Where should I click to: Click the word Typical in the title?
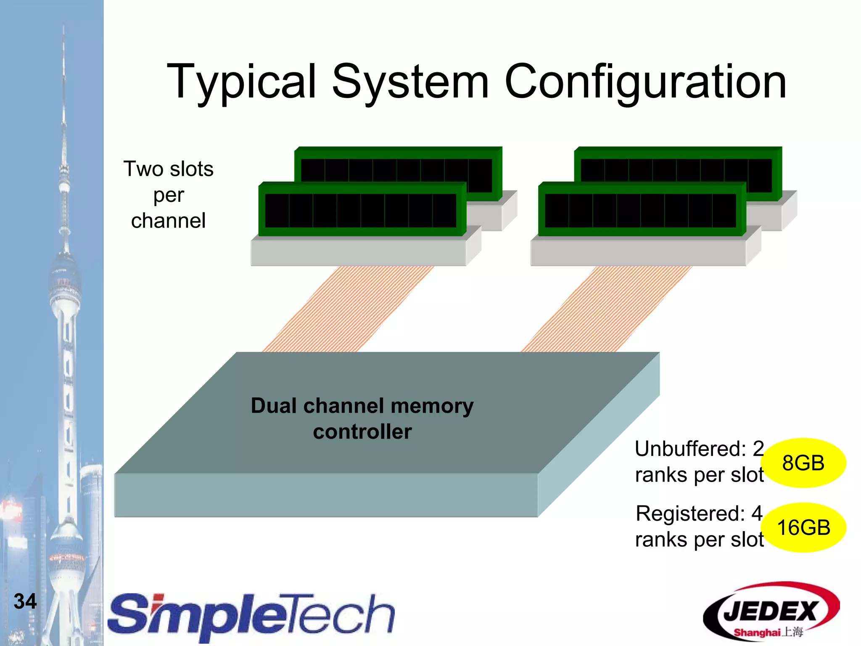(x=241, y=82)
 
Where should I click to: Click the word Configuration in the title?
(x=645, y=82)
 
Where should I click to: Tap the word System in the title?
(x=410, y=82)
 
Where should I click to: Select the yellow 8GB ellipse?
(x=803, y=463)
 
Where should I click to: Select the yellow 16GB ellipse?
(x=803, y=528)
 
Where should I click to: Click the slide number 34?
(x=25, y=601)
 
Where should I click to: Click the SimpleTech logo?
(x=251, y=616)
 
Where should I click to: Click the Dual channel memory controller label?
(x=362, y=419)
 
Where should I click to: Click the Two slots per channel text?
(x=168, y=195)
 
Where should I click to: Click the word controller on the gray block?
(x=362, y=432)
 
